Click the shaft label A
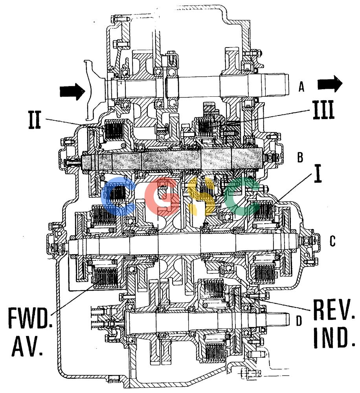pos(301,87)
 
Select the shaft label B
pos(300,158)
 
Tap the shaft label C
pos(332,241)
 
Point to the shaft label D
pos(299,320)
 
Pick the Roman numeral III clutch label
pos(323,110)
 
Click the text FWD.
pos(30,318)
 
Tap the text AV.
pos(27,346)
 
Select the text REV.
pos(334,310)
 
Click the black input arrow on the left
pos(72,91)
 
